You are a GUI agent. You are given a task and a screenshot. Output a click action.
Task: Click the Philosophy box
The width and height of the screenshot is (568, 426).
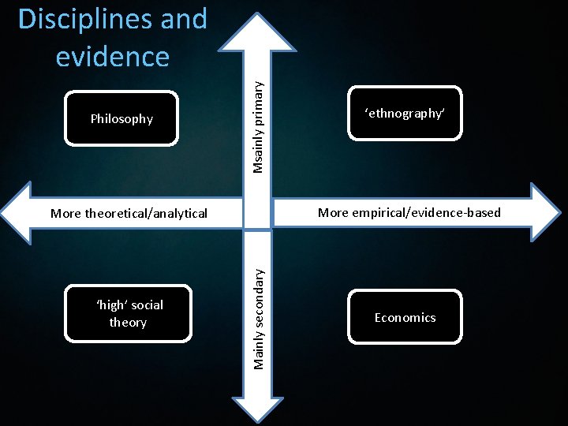click(x=121, y=119)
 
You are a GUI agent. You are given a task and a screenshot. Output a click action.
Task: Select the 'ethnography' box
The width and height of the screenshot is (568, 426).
click(x=405, y=113)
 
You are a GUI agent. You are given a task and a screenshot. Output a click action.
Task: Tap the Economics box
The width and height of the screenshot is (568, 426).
click(x=405, y=317)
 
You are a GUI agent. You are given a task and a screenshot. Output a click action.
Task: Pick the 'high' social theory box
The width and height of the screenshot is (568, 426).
click(x=128, y=314)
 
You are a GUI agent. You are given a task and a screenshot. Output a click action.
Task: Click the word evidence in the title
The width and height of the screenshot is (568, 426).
click(x=113, y=56)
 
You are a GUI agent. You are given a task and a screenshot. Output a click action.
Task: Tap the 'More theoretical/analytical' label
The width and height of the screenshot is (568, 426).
click(x=129, y=213)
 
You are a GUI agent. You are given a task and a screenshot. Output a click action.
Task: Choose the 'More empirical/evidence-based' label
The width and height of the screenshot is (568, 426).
click(x=409, y=212)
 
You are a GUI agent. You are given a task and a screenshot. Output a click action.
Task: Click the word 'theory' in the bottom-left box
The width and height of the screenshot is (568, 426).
click(x=128, y=323)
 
